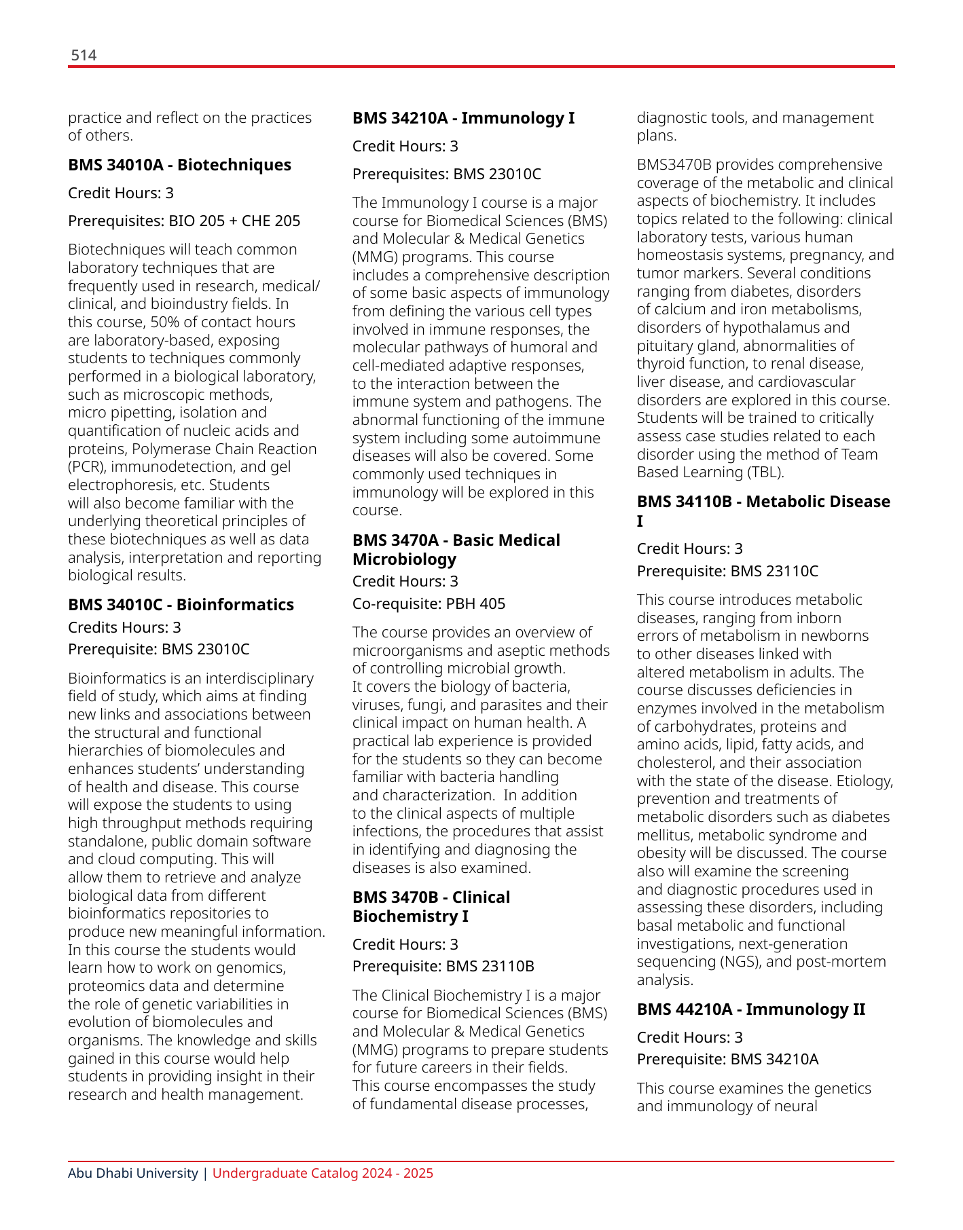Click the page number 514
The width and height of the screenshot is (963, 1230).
tap(84, 56)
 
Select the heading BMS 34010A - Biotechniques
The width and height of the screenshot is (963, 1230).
tap(179, 165)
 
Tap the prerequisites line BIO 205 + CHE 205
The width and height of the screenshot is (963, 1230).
tap(184, 221)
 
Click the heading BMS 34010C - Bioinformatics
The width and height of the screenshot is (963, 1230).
tap(181, 605)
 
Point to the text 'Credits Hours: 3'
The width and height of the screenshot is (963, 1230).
tap(124, 627)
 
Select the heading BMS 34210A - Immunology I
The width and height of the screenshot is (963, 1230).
tap(463, 118)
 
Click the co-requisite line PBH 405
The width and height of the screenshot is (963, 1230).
tap(429, 604)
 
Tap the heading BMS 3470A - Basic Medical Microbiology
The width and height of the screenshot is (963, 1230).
tap(456, 550)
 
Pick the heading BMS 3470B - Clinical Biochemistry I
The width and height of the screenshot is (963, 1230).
tap(431, 907)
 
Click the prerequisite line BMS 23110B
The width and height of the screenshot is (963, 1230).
tap(443, 967)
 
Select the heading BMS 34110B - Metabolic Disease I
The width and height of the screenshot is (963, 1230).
tap(763, 511)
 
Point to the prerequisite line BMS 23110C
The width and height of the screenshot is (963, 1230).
tap(727, 572)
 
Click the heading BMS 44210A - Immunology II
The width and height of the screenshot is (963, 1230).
tap(750, 1009)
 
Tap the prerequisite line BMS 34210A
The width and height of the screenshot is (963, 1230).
tap(727, 1060)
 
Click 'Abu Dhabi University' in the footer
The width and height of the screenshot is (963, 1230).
tap(133, 1174)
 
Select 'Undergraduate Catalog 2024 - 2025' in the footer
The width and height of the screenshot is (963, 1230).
tap(323, 1174)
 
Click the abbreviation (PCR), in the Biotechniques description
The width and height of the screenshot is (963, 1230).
tap(87, 467)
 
